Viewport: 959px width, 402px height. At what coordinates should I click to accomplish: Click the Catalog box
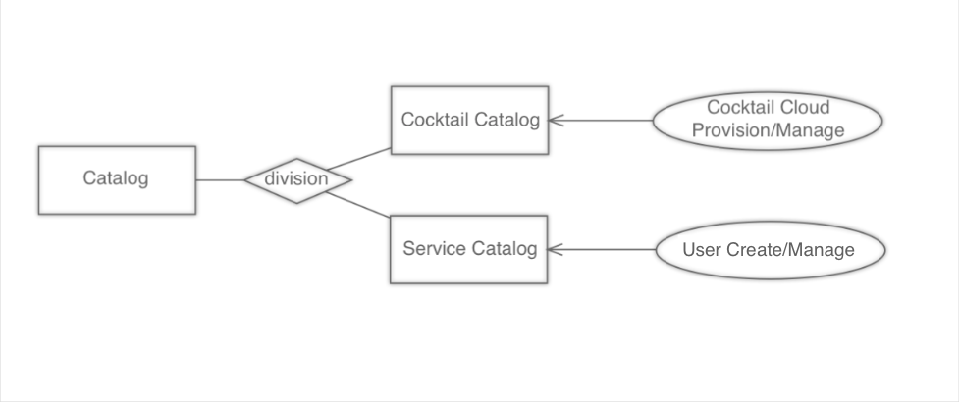pyautogui.click(x=116, y=179)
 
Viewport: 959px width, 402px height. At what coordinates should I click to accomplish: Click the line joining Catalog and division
pyautogui.click(x=220, y=179)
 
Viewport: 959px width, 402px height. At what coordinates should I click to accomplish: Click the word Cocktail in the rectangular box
pyautogui.click(x=435, y=120)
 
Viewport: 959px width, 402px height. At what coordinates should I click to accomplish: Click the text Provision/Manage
pyautogui.click(x=769, y=130)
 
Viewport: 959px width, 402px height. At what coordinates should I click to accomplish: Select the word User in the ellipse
pyautogui.click(x=703, y=249)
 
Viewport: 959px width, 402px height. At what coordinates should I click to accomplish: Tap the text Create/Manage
pyautogui.click(x=790, y=249)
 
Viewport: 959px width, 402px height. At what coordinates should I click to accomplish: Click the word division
pyautogui.click(x=297, y=180)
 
